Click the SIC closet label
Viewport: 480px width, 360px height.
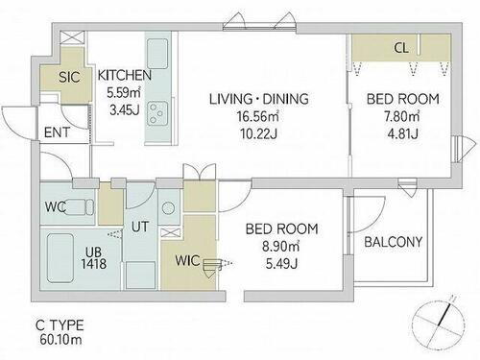tap(69, 77)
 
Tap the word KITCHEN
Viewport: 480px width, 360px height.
tap(124, 75)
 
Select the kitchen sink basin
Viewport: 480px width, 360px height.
tap(157, 54)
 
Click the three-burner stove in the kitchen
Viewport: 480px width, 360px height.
tap(157, 113)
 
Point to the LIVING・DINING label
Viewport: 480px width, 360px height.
tap(259, 99)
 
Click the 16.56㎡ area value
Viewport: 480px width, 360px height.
tap(257, 116)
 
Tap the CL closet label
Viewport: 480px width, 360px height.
tap(401, 48)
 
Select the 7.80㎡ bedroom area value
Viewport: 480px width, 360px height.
tap(402, 116)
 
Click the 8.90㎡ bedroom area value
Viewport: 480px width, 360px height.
tap(281, 247)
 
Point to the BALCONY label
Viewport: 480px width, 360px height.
tap(394, 242)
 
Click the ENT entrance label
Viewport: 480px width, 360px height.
tap(57, 132)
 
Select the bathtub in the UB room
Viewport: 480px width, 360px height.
tap(60, 258)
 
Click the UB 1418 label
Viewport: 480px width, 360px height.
tap(93, 258)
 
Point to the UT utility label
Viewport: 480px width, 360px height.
tap(140, 227)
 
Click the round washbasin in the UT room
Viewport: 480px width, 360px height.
tap(168, 208)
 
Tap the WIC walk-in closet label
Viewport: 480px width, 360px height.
tap(187, 261)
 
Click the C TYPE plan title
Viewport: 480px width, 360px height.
tap(60, 325)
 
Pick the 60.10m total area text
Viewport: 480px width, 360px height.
tap(60, 340)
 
